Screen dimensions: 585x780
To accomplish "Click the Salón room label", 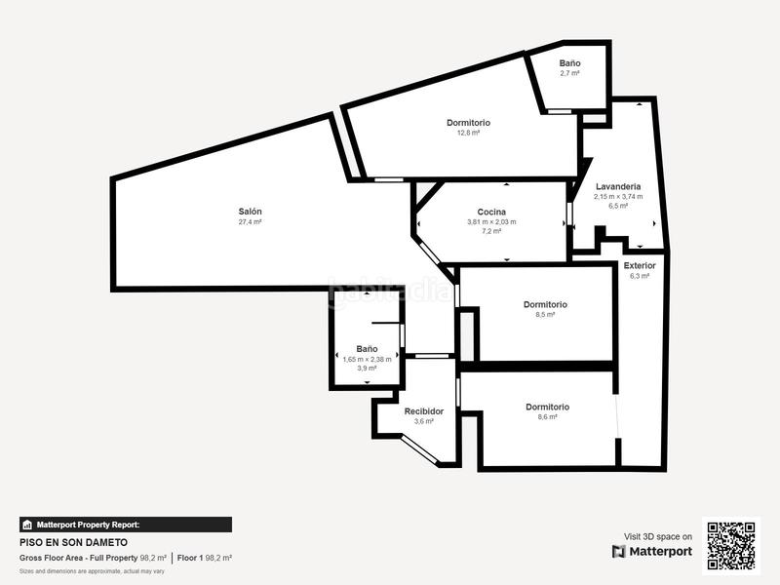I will pyautogui.click(x=251, y=212).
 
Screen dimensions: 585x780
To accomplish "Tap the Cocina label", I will pyautogui.click(x=491, y=212).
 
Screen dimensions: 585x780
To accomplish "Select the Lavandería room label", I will pyautogui.click(x=618, y=185).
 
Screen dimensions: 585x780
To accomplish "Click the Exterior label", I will pyautogui.click(x=640, y=265).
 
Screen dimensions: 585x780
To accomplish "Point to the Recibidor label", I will pyautogui.click(x=424, y=411).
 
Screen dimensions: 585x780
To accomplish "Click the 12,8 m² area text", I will pyautogui.click(x=468, y=133).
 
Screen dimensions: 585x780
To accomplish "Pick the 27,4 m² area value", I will pyautogui.click(x=251, y=222).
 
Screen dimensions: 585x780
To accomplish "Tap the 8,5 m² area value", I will pyautogui.click(x=545, y=315).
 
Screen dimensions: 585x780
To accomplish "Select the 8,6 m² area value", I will pyautogui.click(x=547, y=417).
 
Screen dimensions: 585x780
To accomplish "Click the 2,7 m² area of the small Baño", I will pyautogui.click(x=570, y=73).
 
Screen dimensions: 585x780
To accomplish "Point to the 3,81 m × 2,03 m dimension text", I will pyautogui.click(x=491, y=222).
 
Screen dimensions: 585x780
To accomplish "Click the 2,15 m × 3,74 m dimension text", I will pyautogui.click(x=618, y=196).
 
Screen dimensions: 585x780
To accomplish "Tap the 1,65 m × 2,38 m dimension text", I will pyautogui.click(x=367, y=359).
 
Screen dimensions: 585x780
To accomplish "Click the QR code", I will pyautogui.click(x=730, y=545).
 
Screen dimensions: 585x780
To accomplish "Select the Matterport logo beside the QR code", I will pyautogui.click(x=652, y=551).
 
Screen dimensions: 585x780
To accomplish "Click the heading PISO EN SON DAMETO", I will pyautogui.click(x=74, y=542).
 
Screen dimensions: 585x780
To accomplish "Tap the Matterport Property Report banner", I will pyautogui.click(x=126, y=525).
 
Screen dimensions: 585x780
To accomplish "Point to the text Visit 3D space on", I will pyautogui.click(x=658, y=536).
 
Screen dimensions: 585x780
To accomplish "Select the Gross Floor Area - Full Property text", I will pyautogui.click(x=78, y=558).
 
